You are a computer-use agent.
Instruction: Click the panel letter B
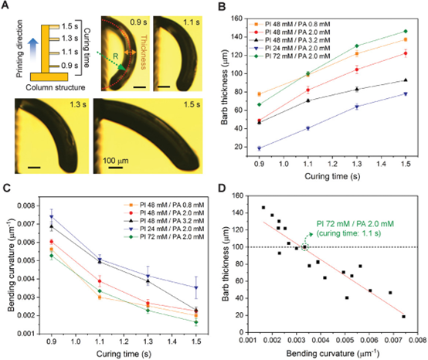[222, 6]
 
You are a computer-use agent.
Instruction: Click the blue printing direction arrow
[33, 51]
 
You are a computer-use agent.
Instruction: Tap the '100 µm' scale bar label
[115, 161]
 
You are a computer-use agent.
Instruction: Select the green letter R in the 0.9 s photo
[116, 56]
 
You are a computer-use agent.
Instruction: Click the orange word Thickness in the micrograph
[144, 52]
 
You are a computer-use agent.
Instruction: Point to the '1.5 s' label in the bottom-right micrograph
[192, 104]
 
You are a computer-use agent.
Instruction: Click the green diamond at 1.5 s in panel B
[406, 32]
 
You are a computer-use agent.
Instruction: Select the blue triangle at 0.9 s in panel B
[260, 148]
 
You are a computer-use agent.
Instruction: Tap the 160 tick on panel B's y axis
[236, 19]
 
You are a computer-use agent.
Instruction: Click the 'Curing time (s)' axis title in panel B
[332, 176]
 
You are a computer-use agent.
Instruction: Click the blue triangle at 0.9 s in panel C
[51, 217]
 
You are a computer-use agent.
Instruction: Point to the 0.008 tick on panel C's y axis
[26, 205]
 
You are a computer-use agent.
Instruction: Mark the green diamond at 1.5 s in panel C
[196, 322]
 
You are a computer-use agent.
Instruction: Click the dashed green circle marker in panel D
[304, 247]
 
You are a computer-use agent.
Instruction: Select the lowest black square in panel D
[403, 317]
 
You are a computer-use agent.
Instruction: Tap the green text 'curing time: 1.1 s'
[349, 233]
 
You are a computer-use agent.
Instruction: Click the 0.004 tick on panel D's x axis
[321, 340]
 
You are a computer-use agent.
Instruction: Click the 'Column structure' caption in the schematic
[56, 87]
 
